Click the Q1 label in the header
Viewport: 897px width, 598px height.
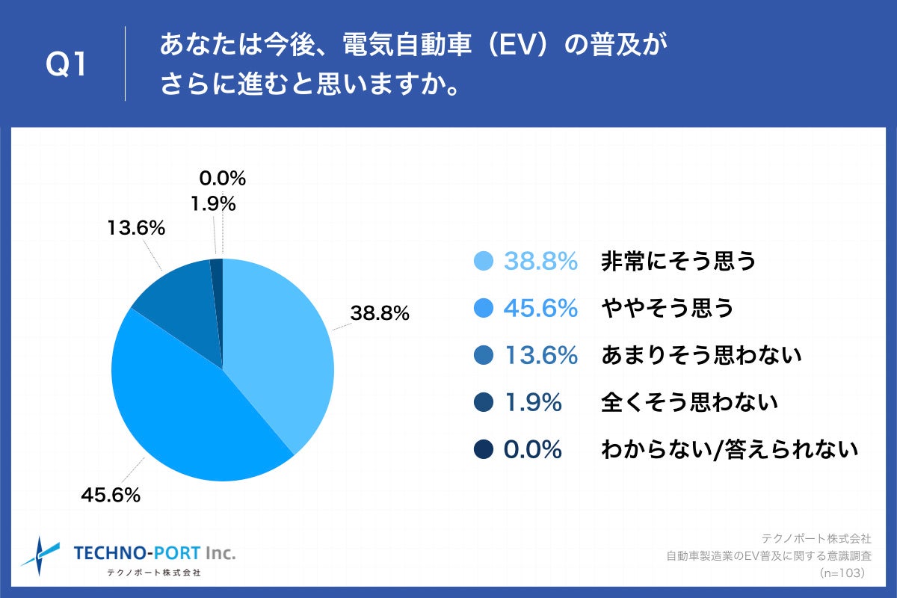(67, 66)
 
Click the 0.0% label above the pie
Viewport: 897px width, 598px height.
(222, 178)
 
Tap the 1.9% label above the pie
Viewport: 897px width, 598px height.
(212, 203)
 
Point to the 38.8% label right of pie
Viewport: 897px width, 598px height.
(380, 314)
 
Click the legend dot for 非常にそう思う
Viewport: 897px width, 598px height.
(484, 261)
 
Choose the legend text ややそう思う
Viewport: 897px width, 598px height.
(668, 308)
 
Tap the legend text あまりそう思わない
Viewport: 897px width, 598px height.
(701, 355)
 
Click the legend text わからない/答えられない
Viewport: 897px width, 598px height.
(729, 449)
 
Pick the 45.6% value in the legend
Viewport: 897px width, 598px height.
(540, 308)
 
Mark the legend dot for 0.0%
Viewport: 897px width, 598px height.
(484, 449)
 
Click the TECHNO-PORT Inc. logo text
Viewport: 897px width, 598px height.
(155, 553)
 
